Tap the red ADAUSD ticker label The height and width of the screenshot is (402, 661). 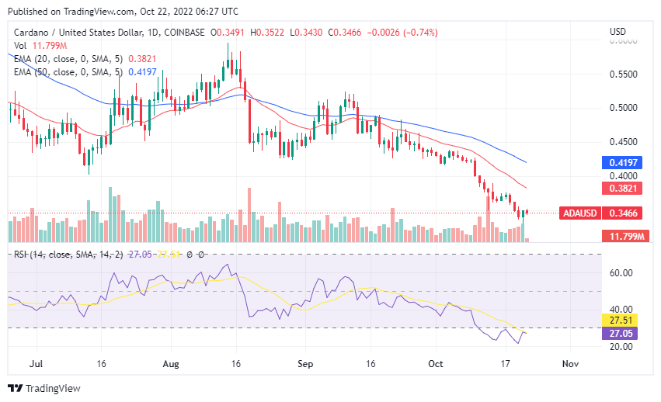580,212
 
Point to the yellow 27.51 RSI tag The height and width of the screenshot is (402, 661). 618,320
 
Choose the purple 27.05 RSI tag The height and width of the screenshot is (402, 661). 618,333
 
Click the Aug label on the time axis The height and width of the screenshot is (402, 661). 172,363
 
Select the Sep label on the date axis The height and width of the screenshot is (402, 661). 305,363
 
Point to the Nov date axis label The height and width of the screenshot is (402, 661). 570,363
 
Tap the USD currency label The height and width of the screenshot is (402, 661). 618,32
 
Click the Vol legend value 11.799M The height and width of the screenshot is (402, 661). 45,46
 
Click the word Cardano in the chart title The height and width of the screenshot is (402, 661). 30,33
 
